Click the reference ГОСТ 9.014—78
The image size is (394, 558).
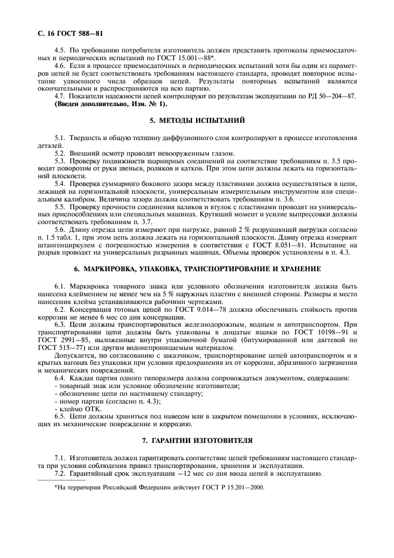point(173,309)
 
